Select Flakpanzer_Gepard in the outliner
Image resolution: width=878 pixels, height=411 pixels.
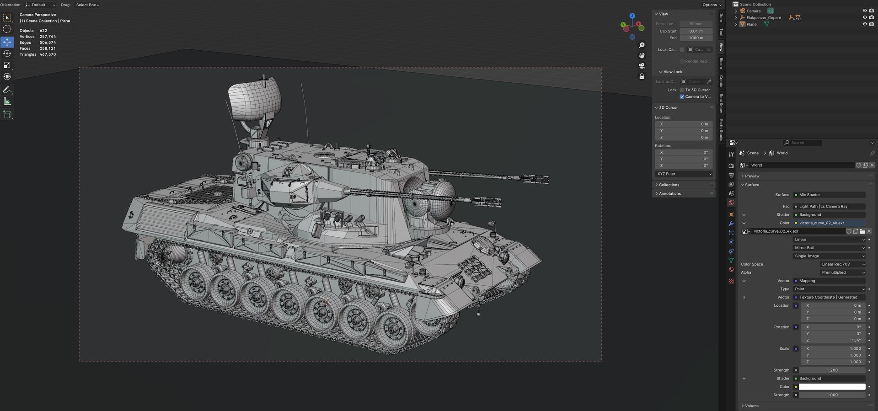click(x=764, y=18)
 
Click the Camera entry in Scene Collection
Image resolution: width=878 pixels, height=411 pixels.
click(x=754, y=11)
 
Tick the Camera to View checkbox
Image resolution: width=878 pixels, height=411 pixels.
click(x=682, y=96)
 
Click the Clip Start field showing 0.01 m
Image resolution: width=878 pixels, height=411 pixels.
click(x=696, y=31)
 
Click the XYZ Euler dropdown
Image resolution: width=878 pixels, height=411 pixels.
click(x=684, y=174)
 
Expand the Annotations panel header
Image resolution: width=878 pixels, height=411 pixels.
click(x=670, y=193)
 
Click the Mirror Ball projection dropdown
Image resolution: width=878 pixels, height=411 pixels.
click(x=829, y=248)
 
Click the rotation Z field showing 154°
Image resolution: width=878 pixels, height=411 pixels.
click(x=833, y=340)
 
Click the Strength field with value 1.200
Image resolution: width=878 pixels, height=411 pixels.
click(x=832, y=370)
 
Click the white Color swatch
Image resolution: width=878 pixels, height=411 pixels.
click(x=832, y=387)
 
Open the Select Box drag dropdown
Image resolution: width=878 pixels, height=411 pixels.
click(x=87, y=5)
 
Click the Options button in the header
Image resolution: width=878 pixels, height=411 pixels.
click(x=712, y=5)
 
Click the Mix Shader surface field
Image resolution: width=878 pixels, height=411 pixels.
click(x=829, y=195)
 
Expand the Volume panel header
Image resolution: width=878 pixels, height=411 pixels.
click(x=751, y=406)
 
